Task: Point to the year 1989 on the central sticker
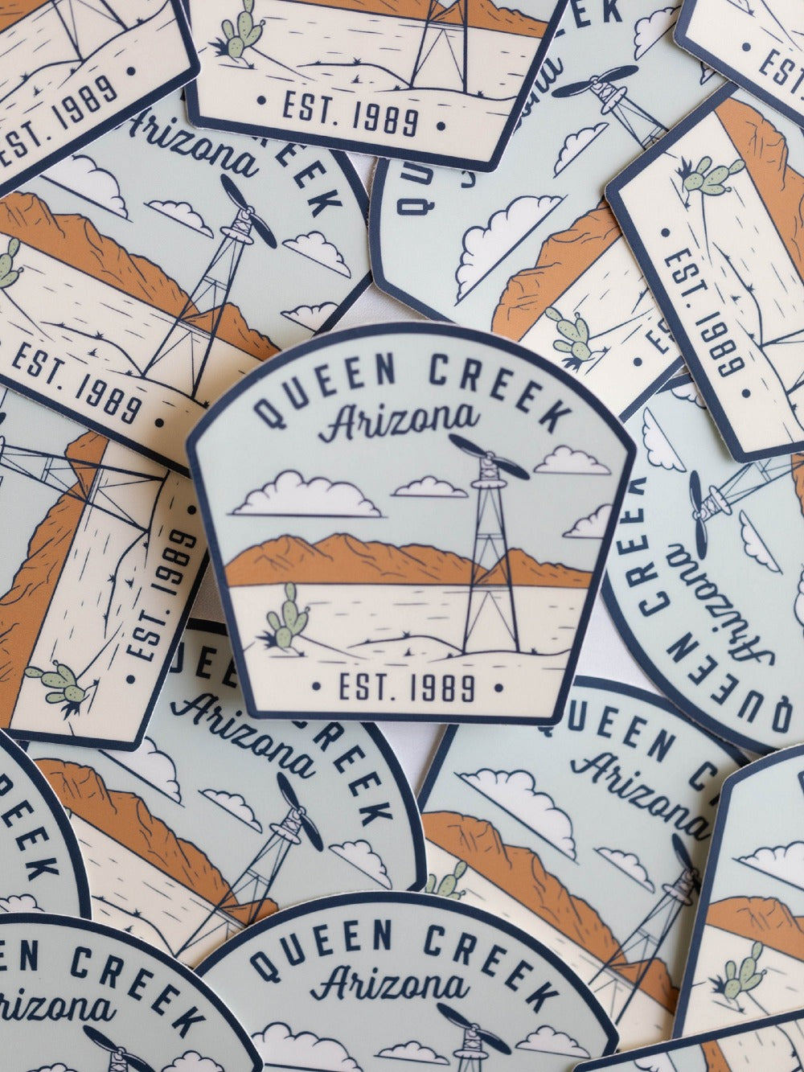point(443,688)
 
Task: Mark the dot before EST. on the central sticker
point(316,687)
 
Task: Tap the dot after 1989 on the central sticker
point(498,688)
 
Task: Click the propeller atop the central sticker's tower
point(488,457)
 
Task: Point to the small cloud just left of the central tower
point(429,487)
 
